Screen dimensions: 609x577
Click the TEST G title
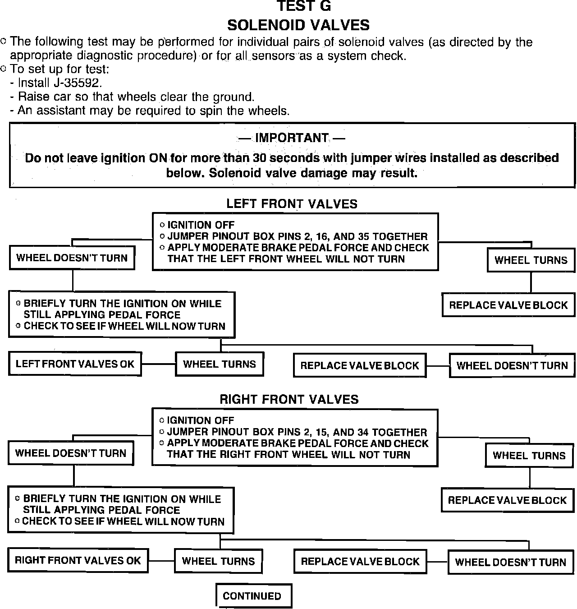point(303,6)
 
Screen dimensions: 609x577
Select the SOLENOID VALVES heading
point(298,25)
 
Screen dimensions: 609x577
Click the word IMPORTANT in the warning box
point(292,138)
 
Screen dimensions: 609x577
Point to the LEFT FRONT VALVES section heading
point(292,204)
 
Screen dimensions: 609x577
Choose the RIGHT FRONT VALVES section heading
point(289,399)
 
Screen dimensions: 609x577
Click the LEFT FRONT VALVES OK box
point(75,364)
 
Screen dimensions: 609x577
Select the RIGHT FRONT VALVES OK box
point(78,560)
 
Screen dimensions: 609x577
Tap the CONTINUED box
point(252,596)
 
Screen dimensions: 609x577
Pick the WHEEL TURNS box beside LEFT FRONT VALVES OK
point(220,364)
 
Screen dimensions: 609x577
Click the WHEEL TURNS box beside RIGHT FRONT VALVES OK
point(218,561)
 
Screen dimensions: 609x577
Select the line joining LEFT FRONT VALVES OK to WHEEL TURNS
point(158,364)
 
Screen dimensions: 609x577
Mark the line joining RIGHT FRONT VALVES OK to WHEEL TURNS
point(161,561)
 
